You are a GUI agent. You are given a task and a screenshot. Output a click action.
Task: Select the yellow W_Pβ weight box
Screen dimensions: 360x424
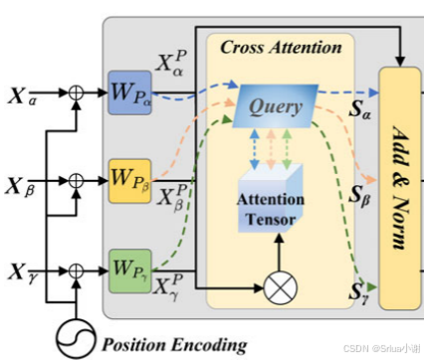[x=130, y=181]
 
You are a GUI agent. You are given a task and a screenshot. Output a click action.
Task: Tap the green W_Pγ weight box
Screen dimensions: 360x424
[x=130, y=267]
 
